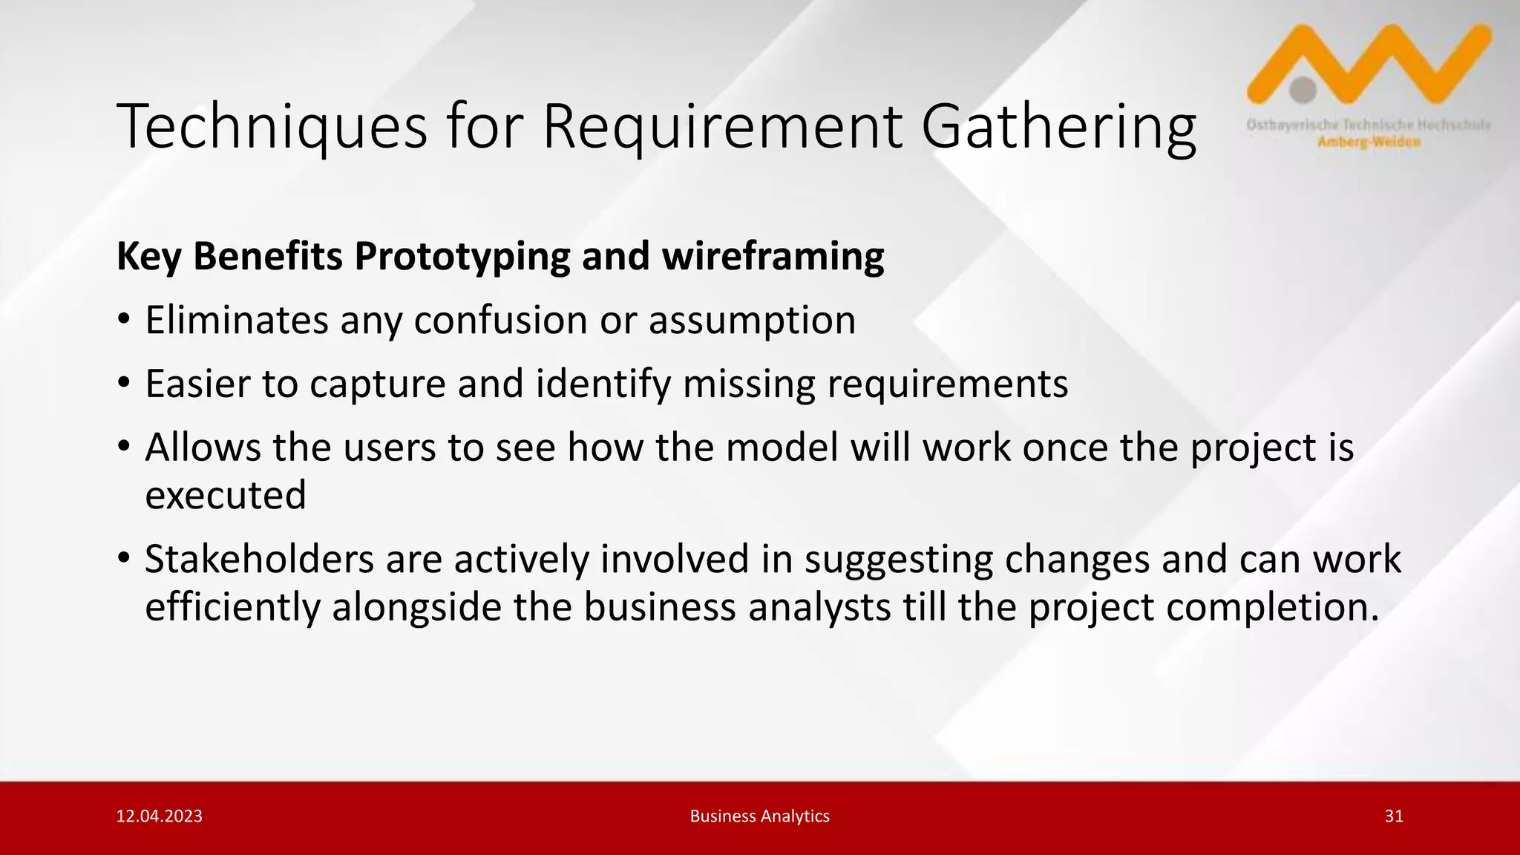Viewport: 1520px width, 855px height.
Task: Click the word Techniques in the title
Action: pos(272,127)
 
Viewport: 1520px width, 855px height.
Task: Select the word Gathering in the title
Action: pos(1058,127)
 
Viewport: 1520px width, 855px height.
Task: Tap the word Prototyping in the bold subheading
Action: pos(462,257)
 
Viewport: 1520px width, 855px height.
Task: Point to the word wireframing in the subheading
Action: pos(773,256)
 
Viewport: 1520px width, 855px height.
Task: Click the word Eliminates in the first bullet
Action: pos(237,320)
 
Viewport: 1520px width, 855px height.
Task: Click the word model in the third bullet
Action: pos(782,448)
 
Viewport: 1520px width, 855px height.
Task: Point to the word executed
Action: pos(226,495)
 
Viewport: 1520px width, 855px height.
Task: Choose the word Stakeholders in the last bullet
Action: pos(259,559)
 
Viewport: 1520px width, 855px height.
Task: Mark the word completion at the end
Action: pos(1271,607)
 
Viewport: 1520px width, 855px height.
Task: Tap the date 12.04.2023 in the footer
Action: pos(160,816)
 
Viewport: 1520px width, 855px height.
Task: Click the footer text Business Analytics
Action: pos(759,816)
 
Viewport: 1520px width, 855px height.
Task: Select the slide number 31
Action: pos(1394,816)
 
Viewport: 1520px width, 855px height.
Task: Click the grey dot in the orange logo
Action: pos(1303,90)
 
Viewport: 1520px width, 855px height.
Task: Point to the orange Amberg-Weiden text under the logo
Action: pos(1369,142)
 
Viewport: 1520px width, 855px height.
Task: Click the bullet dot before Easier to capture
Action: pos(124,384)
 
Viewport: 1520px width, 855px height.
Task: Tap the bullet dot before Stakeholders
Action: pos(124,559)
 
